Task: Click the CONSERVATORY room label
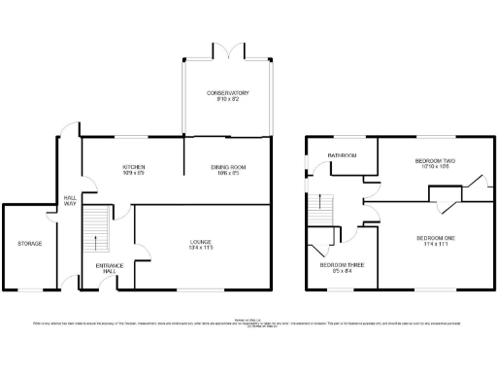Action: click(227, 92)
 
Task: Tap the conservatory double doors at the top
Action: click(227, 49)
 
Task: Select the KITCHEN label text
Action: click(133, 167)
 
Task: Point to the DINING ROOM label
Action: click(228, 167)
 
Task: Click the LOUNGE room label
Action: click(202, 242)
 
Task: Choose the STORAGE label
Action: click(29, 243)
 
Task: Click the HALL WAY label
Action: click(69, 200)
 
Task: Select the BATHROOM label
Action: click(342, 155)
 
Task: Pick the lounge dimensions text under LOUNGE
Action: click(202, 249)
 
